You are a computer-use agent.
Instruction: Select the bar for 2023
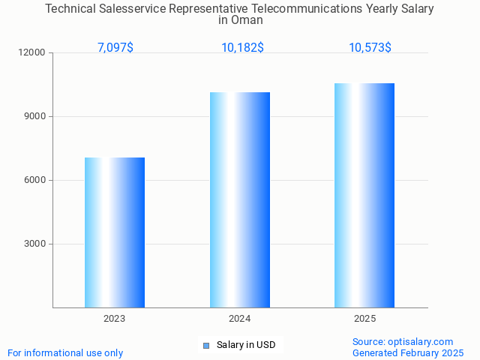(x=115, y=232)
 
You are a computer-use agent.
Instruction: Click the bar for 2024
(x=240, y=199)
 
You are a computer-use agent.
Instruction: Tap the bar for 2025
(x=364, y=195)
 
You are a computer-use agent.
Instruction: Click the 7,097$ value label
(x=115, y=47)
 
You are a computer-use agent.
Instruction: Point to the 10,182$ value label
(x=242, y=47)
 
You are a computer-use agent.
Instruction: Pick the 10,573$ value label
(x=370, y=47)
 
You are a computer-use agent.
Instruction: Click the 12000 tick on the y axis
(x=34, y=52)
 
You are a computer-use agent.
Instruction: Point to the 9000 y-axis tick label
(x=36, y=116)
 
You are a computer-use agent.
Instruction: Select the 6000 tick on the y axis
(x=36, y=180)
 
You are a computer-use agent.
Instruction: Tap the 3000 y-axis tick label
(x=36, y=244)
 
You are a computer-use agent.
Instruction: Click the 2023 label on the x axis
(x=115, y=319)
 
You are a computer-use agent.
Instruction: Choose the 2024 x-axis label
(x=240, y=319)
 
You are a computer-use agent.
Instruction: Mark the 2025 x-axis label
(x=364, y=319)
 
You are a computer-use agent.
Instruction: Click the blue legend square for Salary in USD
(x=206, y=345)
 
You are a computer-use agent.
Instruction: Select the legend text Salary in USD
(x=246, y=345)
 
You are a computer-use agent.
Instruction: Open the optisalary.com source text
(x=403, y=341)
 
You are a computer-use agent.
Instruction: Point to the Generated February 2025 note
(x=408, y=352)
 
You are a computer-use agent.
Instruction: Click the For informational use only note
(x=65, y=352)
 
